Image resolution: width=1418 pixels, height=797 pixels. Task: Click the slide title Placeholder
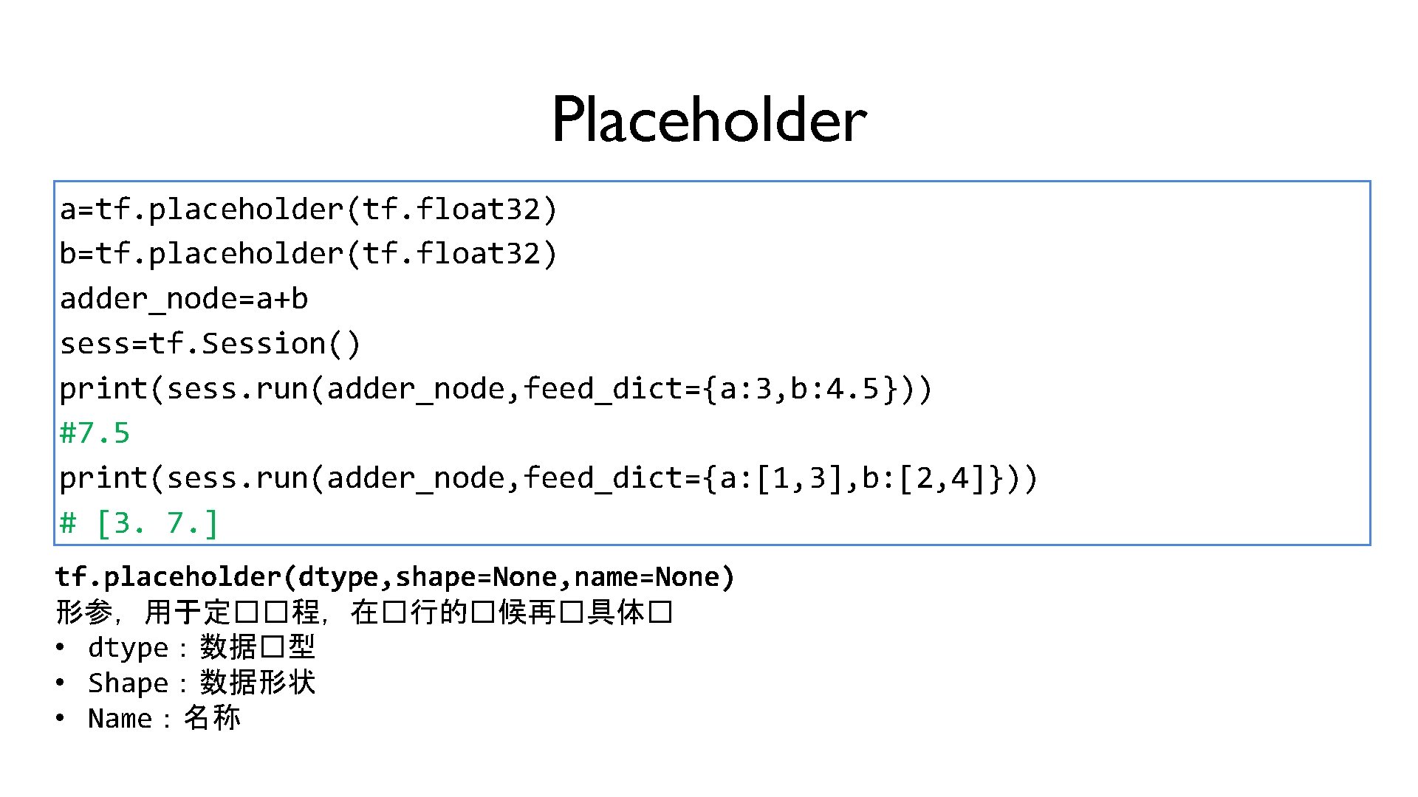coord(709,120)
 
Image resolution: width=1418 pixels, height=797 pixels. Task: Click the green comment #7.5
coord(95,433)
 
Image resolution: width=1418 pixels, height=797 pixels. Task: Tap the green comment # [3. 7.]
coord(139,523)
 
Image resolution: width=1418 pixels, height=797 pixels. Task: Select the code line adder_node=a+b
coord(184,299)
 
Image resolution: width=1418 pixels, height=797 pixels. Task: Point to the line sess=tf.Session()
coord(210,344)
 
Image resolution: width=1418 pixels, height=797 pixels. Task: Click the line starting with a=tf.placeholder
coord(308,210)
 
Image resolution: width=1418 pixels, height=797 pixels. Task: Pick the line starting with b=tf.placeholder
coord(308,254)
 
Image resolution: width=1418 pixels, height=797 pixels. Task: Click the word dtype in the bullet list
coord(128,648)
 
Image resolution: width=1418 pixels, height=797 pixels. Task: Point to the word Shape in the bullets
coord(128,683)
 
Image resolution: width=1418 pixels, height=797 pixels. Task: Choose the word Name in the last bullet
coord(120,719)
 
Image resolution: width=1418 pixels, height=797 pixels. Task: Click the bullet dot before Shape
coord(61,683)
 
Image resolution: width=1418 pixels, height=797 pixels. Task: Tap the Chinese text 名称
coord(212,718)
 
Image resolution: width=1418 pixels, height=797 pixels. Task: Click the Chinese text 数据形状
coord(258,683)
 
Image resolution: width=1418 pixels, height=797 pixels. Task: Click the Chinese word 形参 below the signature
coord(83,613)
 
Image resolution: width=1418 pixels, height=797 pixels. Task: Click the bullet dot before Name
coord(61,718)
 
